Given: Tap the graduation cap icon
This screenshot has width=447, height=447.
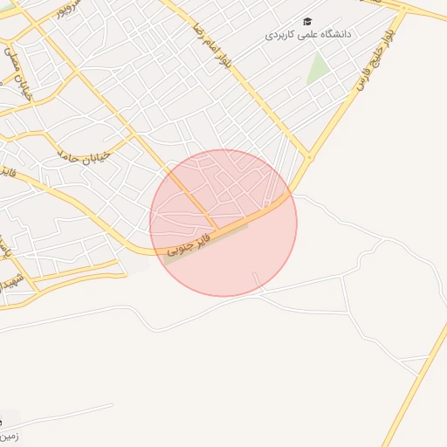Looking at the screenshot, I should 307,21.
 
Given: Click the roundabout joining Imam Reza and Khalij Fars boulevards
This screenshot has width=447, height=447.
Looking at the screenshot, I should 309,158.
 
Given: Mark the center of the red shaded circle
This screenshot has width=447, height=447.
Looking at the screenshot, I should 223,223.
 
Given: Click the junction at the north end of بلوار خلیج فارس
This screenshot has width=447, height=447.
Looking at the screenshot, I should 404,10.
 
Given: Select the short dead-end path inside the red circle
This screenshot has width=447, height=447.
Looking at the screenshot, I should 257,279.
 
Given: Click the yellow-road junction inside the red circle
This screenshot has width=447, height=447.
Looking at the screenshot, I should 215,229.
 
